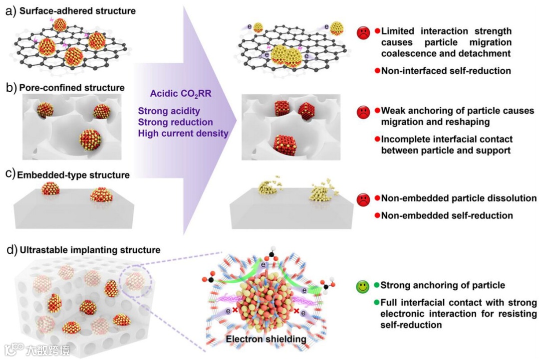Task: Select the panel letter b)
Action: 10,88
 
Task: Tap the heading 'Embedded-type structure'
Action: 73,175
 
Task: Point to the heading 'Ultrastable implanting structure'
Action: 90,249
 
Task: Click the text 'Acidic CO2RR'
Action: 175,94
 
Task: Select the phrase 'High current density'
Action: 184,133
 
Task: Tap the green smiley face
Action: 363,287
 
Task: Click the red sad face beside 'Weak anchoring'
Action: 363,112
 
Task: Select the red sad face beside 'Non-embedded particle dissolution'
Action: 363,200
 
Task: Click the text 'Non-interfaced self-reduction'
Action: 446,71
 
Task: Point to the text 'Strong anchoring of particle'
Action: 443,285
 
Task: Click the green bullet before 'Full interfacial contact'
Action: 376,302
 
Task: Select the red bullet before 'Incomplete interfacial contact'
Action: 376,139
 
